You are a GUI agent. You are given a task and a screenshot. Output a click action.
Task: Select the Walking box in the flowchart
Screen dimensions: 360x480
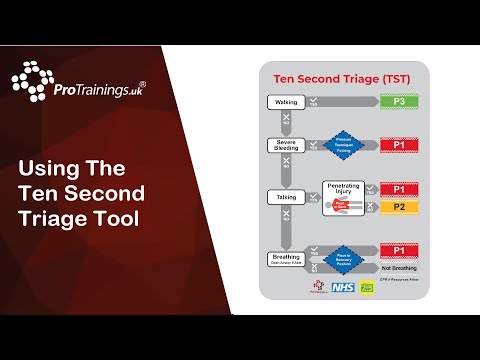coord(288,102)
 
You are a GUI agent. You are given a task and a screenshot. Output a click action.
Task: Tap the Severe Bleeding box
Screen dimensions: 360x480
coord(288,146)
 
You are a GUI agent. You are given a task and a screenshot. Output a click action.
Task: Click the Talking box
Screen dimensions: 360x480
coord(288,197)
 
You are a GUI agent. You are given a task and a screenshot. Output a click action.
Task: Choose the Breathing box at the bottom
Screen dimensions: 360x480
coord(288,258)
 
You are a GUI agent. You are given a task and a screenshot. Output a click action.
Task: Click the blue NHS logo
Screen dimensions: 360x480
coord(342,287)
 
